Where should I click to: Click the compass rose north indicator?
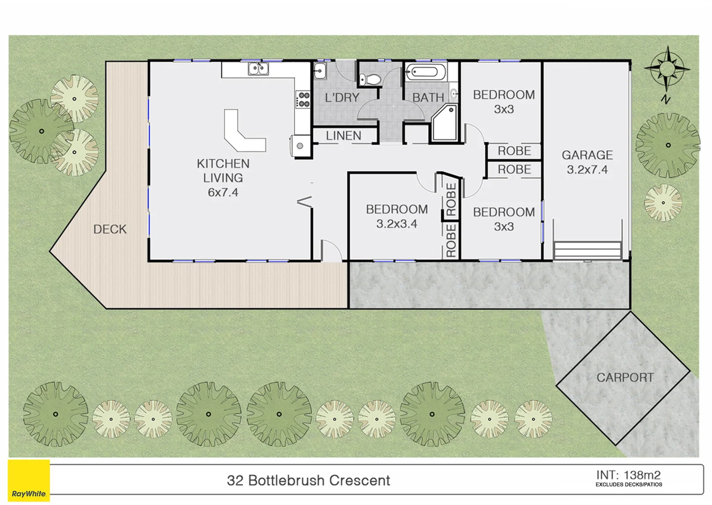667,70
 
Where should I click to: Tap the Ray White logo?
28,482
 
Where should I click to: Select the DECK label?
110,229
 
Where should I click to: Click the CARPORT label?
625,377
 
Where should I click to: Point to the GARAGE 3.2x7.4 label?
587,162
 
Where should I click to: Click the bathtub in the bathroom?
425,72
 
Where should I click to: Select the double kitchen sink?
258,69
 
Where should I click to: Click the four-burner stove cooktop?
303,100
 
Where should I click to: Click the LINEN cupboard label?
344,136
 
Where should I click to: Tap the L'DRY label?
342,98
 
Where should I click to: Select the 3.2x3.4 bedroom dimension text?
396,224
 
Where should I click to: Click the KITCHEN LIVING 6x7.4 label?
223,178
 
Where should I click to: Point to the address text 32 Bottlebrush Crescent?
308,480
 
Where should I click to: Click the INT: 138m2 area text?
628,475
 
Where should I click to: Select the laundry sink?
319,72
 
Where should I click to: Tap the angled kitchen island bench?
243,133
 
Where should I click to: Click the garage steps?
587,250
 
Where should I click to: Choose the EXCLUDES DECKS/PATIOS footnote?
628,485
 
